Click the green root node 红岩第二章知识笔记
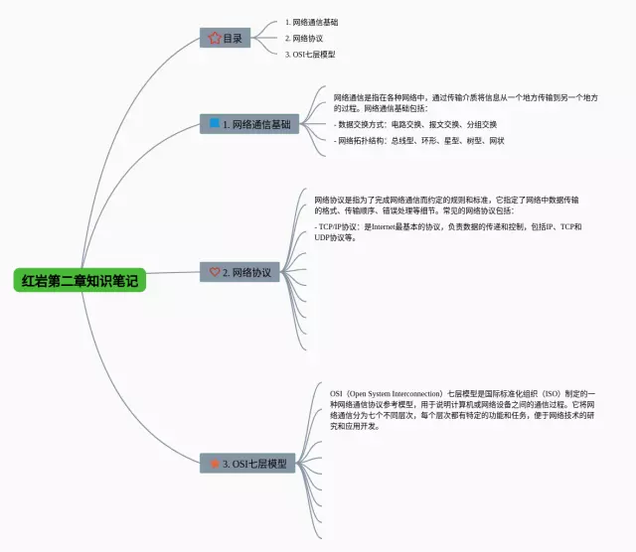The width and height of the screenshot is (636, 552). point(80,280)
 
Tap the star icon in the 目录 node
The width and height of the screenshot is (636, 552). point(215,38)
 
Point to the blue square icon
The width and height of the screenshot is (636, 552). point(215,124)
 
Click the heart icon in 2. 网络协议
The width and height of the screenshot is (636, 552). point(216,272)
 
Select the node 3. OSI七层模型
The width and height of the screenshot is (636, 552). point(247,464)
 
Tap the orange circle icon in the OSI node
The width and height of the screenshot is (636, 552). point(215,464)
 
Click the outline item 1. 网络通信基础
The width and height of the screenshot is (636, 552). point(311,21)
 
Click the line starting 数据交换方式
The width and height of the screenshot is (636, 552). point(416,124)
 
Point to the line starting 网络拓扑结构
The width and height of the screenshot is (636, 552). point(420,141)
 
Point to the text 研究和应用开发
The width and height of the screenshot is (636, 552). point(354,426)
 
